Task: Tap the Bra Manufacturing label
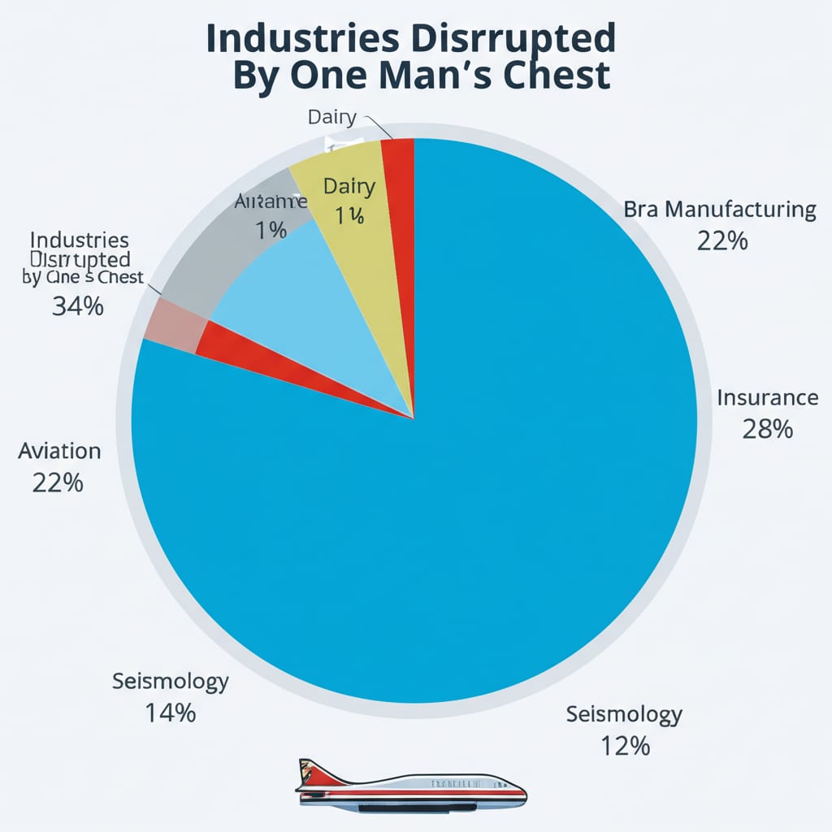(720, 210)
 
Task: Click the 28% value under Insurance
(767, 429)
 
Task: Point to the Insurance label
(767, 398)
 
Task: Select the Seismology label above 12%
(624, 714)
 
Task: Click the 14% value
(171, 713)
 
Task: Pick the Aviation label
(59, 451)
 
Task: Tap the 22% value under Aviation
(58, 483)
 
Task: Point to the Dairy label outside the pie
(331, 117)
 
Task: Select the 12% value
(625, 745)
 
